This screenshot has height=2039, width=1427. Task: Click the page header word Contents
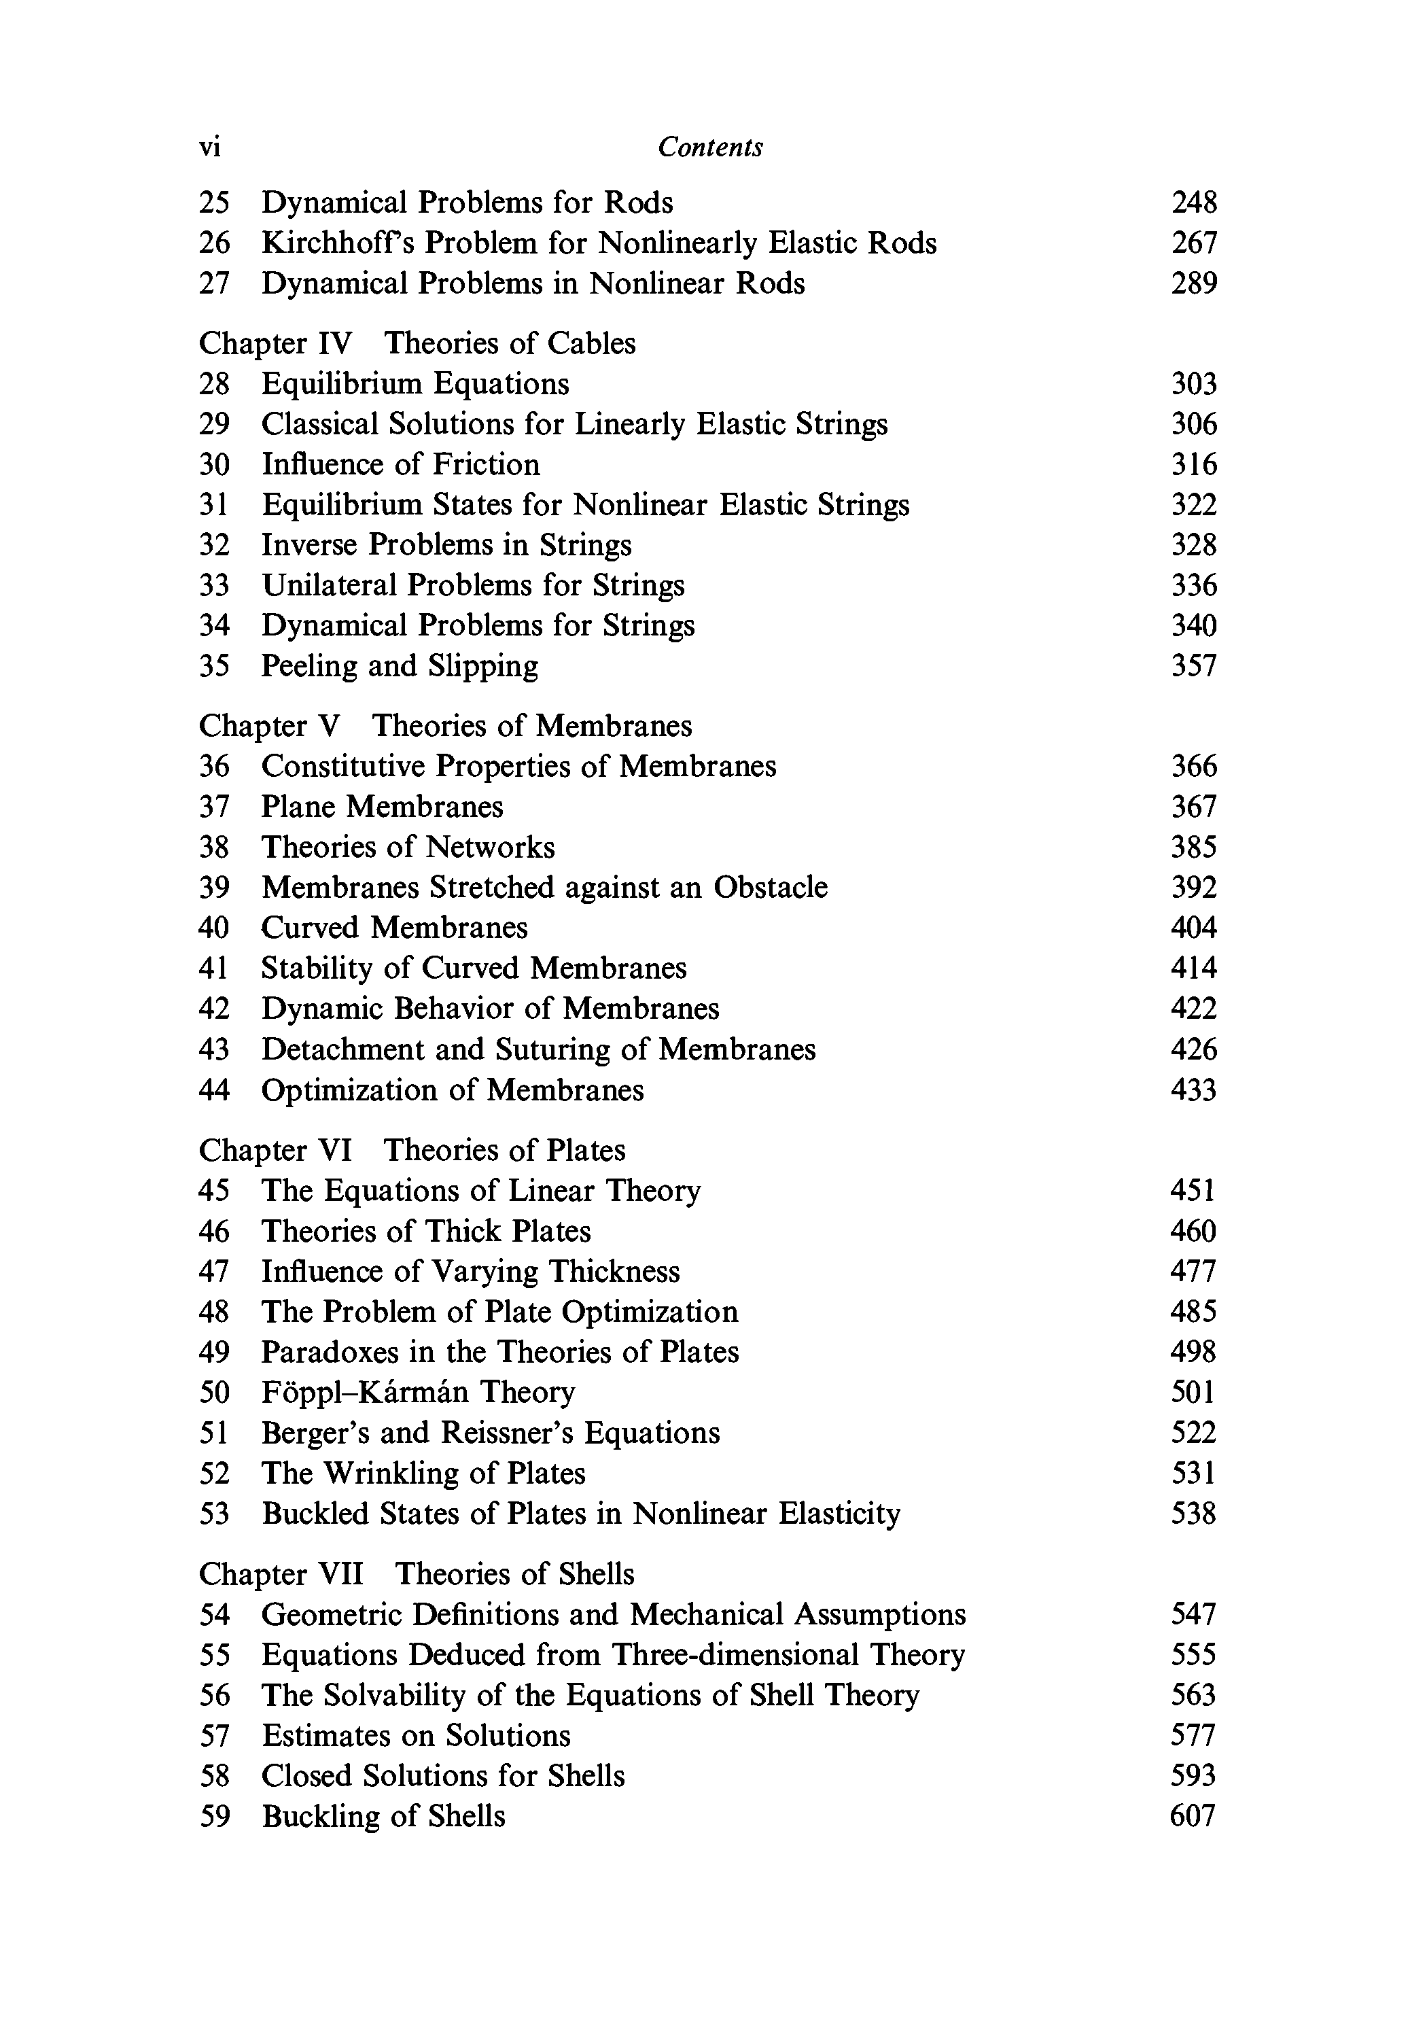(x=709, y=147)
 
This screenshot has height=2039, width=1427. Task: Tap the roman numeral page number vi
(x=209, y=147)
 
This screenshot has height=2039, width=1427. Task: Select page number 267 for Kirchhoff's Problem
(x=1193, y=243)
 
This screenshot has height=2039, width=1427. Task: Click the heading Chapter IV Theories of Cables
(x=417, y=343)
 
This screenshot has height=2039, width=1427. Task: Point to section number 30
(x=214, y=464)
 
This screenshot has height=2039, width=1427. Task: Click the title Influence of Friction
(x=400, y=464)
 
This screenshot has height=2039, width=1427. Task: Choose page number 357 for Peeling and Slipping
(x=1193, y=666)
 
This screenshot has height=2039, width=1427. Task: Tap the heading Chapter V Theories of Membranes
(x=445, y=726)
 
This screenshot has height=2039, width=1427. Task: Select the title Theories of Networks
(x=408, y=848)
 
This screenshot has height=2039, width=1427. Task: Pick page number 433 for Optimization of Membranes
(x=1193, y=1090)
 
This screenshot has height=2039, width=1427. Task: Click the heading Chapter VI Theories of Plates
(x=412, y=1150)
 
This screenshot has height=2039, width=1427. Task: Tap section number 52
(x=214, y=1474)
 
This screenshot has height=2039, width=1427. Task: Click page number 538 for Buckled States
(x=1193, y=1513)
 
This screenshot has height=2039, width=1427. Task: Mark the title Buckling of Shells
(x=384, y=1816)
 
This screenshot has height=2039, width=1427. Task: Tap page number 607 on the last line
(x=1193, y=1816)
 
